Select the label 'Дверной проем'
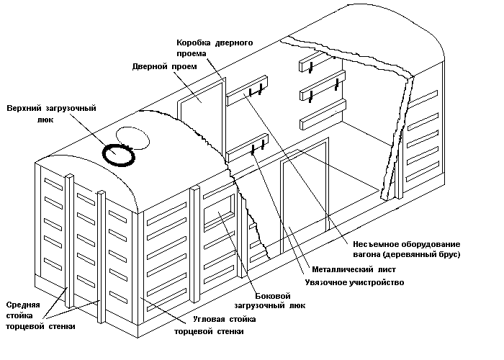click(x=165, y=67)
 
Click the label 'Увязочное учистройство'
click(x=354, y=283)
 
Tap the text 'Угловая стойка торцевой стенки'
click(x=210, y=325)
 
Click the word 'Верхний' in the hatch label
click(x=24, y=109)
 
